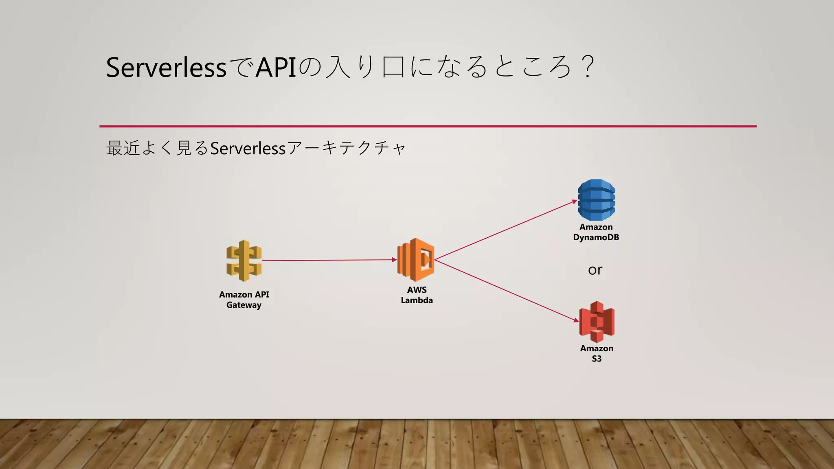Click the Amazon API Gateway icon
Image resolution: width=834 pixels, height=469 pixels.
244,261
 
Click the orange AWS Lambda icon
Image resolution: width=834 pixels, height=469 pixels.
416,260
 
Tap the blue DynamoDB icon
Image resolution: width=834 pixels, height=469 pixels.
596,200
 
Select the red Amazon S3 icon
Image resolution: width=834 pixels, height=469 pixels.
597,322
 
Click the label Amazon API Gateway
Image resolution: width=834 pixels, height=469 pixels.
244,300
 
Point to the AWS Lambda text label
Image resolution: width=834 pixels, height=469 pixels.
417,295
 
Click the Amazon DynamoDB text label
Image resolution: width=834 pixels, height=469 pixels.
596,232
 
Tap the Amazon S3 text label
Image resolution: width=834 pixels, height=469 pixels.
597,353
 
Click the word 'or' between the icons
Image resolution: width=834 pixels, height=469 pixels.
595,270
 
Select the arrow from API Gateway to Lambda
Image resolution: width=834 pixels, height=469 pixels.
329,260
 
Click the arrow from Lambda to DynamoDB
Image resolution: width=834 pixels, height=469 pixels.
505,230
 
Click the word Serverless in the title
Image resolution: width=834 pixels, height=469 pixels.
166,68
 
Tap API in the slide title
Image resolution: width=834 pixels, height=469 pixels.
276,68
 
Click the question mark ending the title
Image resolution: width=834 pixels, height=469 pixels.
588,68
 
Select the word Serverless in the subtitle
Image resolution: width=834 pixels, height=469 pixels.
248,148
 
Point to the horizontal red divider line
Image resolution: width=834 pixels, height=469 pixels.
428,126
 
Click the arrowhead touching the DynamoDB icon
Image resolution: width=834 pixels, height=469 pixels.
575,201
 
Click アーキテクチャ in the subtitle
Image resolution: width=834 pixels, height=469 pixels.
346,148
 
